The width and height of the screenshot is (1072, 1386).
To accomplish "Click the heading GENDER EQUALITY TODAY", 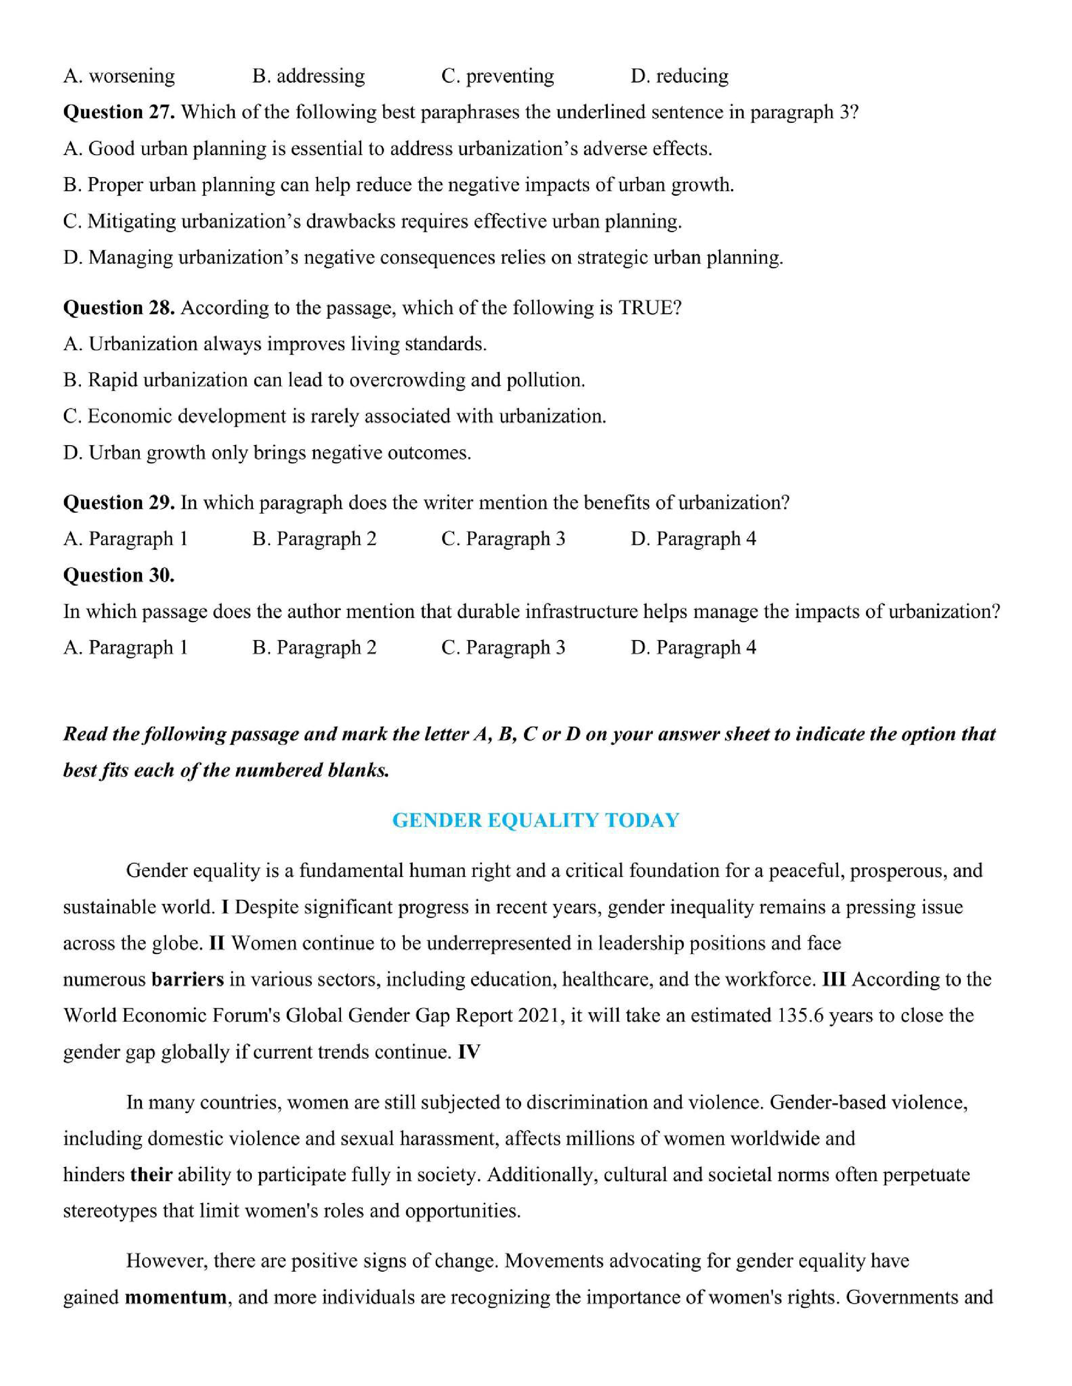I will tap(535, 821).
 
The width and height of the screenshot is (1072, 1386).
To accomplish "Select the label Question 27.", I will tap(119, 112).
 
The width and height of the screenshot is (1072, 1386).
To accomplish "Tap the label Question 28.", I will tap(119, 308).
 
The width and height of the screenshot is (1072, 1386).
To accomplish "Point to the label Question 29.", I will tap(119, 502).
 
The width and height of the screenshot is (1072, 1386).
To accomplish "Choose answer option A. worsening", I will tap(119, 76).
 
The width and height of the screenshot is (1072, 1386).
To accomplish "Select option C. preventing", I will tap(497, 76).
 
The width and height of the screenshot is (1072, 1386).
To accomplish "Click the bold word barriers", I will tap(187, 979).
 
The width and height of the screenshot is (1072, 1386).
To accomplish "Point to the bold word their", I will tap(151, 1175).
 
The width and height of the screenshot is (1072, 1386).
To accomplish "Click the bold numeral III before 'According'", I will tap(834, 979).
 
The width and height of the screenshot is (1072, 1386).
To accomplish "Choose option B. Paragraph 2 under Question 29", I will tap(314, 539).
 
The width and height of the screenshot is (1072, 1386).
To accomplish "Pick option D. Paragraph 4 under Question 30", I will tap(694, 648).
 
